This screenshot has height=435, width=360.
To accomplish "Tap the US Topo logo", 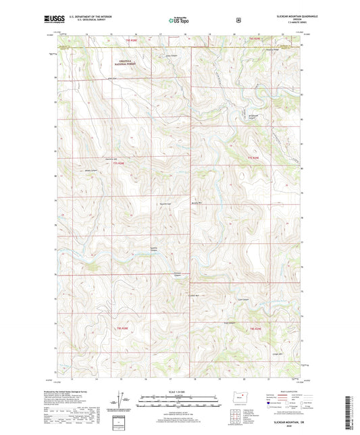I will (179, 20).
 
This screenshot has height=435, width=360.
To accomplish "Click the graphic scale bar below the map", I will (179, 405).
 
